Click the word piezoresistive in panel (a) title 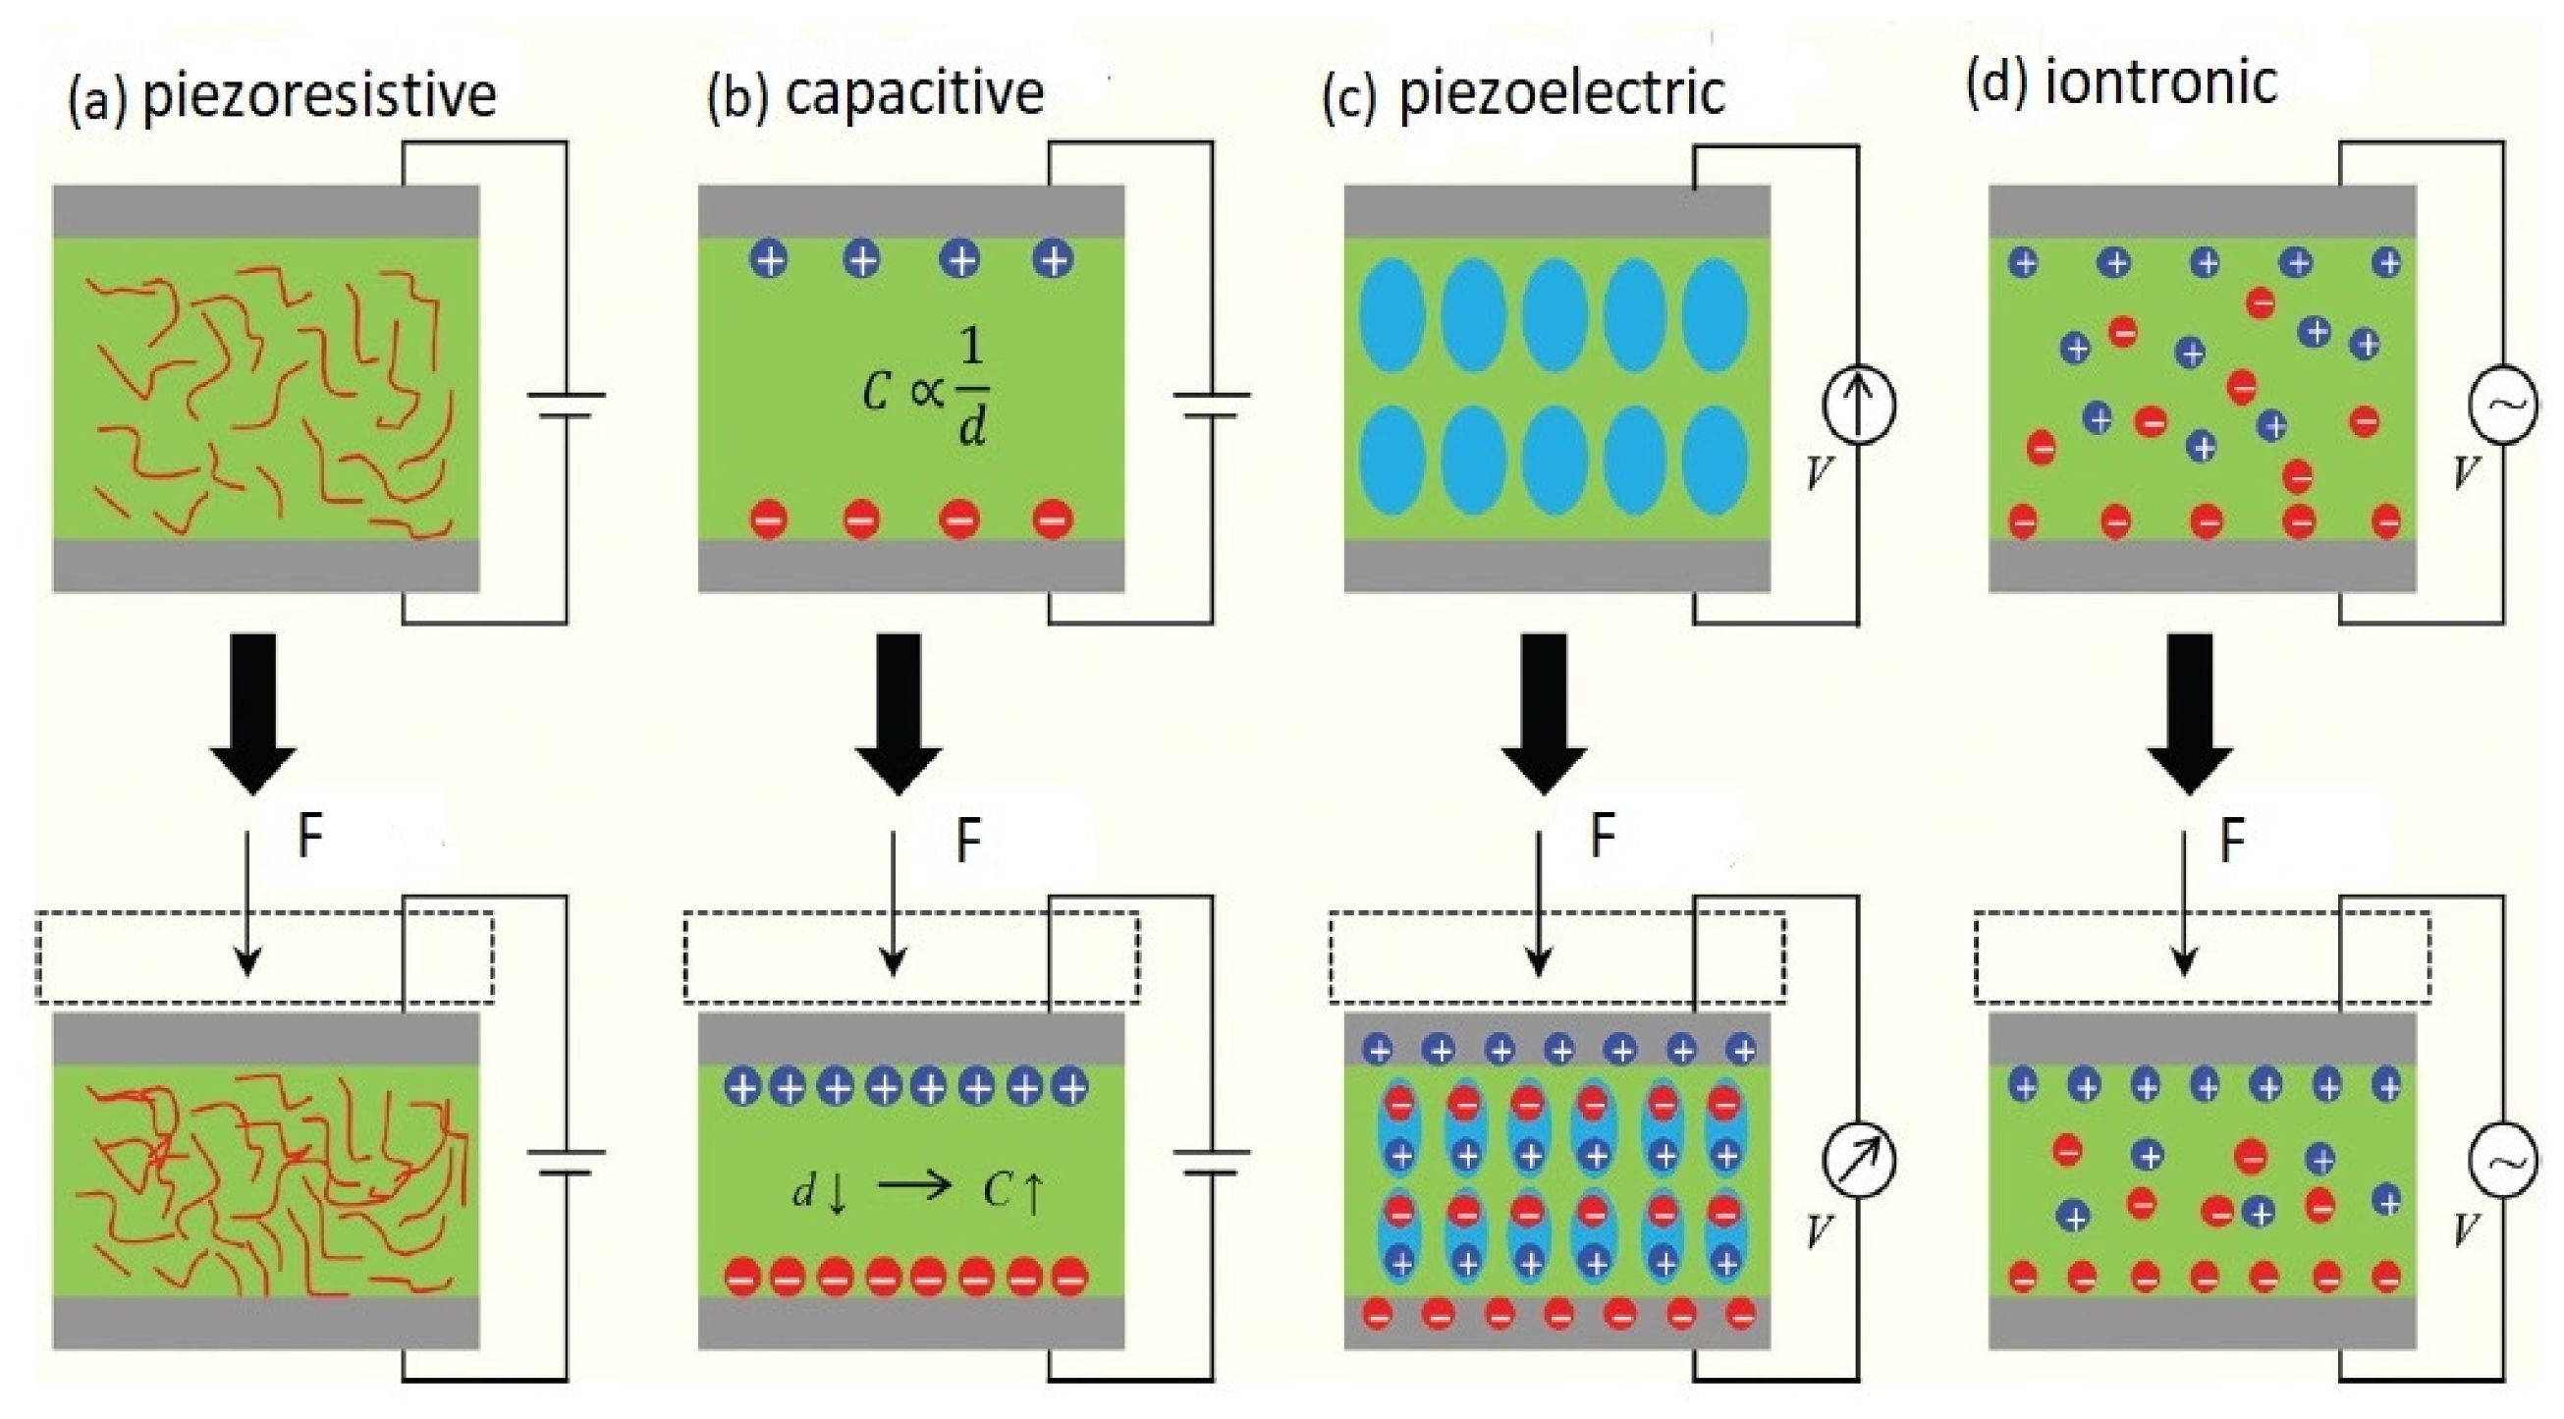click(318, 96)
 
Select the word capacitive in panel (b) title click(913, 92)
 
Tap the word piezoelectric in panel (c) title click(1560, 92)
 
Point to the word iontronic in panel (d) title click(2159, 82)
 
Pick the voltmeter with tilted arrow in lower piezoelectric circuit click(1858, 1161)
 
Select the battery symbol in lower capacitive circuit click(1212, 1162)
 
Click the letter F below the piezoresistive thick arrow click(309, 837)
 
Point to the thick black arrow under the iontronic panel click(2189, 713)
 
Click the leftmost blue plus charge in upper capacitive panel click(770, 260)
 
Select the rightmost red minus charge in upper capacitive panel click(1052, 519)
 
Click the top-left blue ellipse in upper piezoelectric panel click(1391, 315)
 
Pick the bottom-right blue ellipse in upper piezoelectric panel click(1714, 461)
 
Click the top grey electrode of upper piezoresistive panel click(266, 211)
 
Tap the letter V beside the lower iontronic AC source click(2465, 1229)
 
